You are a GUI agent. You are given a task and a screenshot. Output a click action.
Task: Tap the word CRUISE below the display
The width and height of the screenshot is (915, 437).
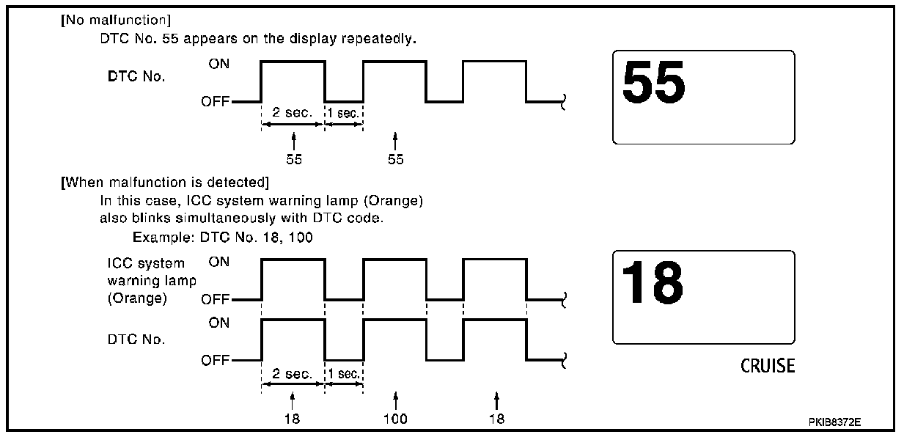pos(768,366)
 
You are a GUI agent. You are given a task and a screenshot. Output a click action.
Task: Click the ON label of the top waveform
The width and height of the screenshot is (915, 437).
pos(218,64)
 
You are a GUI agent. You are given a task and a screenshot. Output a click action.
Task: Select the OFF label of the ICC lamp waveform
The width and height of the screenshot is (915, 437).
pos(216,300)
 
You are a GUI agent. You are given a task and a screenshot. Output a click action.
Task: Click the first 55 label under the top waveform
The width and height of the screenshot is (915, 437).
pos(294,159)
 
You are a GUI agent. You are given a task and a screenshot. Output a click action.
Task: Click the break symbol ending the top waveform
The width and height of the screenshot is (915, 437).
pos(562,103)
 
